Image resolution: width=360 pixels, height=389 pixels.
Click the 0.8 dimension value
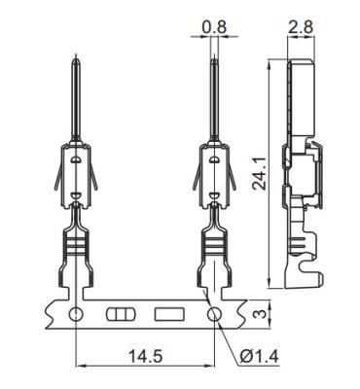click(x=214, y=27)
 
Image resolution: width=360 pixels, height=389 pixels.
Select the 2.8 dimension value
click(x=301, y=27)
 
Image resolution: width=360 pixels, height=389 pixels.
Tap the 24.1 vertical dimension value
click(x=260, y=173)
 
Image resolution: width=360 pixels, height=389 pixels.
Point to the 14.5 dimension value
click(x=146, y=356)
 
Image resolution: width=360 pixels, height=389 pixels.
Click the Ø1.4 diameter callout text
click(x=260, y=356)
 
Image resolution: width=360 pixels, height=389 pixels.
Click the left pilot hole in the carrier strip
click(x=76, y=314)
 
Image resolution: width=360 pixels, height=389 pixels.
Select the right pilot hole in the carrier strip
click(x=214, y=314)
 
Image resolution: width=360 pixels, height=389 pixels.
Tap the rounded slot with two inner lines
click(x=120, y=314)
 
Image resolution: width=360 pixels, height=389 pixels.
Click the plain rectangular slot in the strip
click(x=169, y=314)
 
